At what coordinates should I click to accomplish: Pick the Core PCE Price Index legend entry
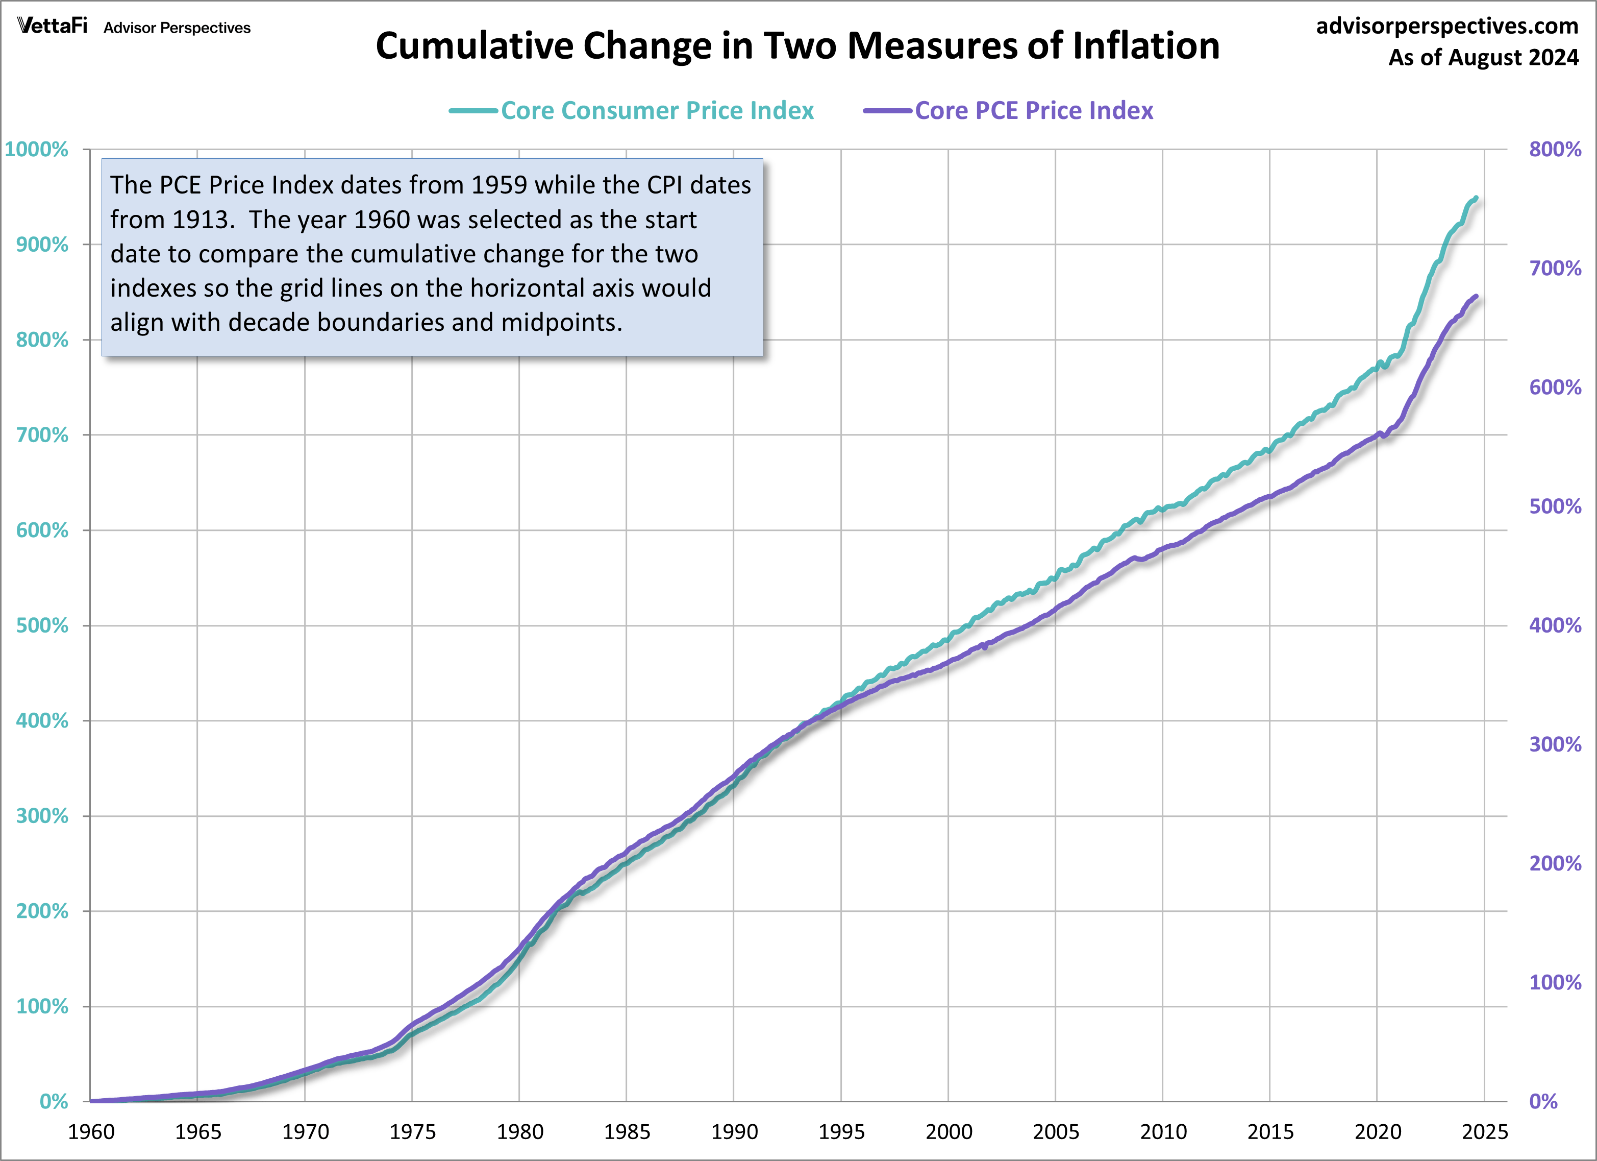[x=1033, y=111]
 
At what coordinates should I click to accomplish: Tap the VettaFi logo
[x=52, y=26]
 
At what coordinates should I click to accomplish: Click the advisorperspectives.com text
[x=1447, y=26]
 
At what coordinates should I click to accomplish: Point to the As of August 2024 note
[x=1483, y=57]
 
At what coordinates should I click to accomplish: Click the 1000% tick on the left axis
[x=37, y=150]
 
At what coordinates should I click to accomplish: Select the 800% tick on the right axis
[x=1555, y=150]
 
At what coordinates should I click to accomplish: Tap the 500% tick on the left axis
[x=42, y=625]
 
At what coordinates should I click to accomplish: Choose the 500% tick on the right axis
[x=1555, y=506]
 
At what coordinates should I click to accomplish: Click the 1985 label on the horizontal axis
[x=627, y=1131]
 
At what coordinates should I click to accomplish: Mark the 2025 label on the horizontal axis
[x=1484, y=1131]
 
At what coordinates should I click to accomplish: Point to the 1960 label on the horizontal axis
[x=91, y=1131]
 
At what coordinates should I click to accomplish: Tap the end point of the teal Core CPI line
[x=1476, y=198]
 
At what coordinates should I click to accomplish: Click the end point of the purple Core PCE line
[x=1476, y=297]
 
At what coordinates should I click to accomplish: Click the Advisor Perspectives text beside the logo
[x=177, y=28]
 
